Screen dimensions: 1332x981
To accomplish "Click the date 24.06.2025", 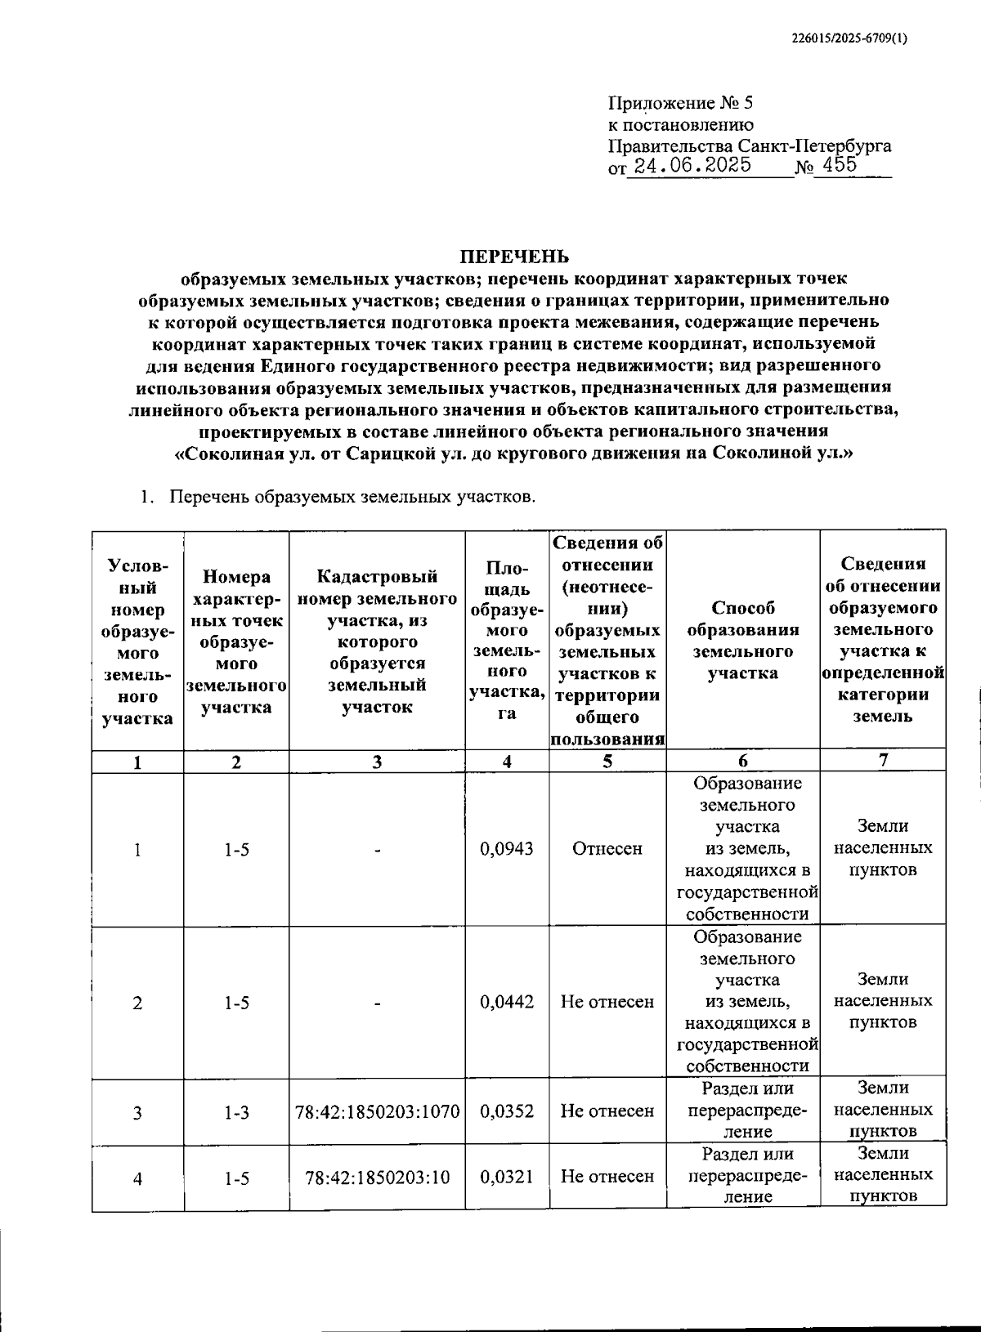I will coord(692,166).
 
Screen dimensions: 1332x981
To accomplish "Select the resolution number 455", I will coord(841,165).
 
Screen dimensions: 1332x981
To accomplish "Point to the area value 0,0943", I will coord(507,849).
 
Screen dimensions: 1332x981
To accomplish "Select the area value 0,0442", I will coord(507,1002).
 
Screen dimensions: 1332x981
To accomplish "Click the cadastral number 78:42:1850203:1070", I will coord(377,1111).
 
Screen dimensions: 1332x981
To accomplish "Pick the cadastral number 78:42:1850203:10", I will coord(377,1177).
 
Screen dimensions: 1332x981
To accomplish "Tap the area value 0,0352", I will coord(507,1111).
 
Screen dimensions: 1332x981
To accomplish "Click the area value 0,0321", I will coord(507,1177).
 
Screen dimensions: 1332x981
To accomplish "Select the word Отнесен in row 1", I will coord(607,849).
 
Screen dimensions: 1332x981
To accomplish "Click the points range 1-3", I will coord(236,1111).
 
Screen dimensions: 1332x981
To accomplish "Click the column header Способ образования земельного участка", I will coord(742,641).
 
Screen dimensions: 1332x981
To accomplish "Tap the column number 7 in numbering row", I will coord(883,760).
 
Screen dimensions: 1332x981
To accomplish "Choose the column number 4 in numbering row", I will coord(507,762).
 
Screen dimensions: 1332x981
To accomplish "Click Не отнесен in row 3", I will coord(607,1111).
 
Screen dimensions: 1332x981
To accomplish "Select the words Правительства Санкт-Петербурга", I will coord(750,146).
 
